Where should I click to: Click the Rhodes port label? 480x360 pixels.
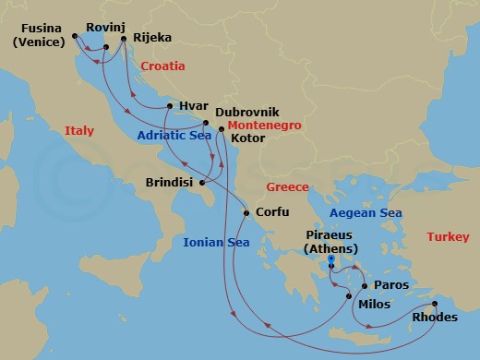435,318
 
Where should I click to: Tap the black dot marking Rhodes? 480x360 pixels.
435,302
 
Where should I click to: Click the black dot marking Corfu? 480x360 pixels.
246,213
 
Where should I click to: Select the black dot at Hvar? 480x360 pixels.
167,107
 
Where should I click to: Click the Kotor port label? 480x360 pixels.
248,138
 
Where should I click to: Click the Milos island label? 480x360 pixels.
373,304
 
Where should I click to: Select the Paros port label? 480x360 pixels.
390,286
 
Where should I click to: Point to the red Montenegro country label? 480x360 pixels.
264,125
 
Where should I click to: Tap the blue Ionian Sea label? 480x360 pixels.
216,243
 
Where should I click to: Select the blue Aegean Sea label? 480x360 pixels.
366,213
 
